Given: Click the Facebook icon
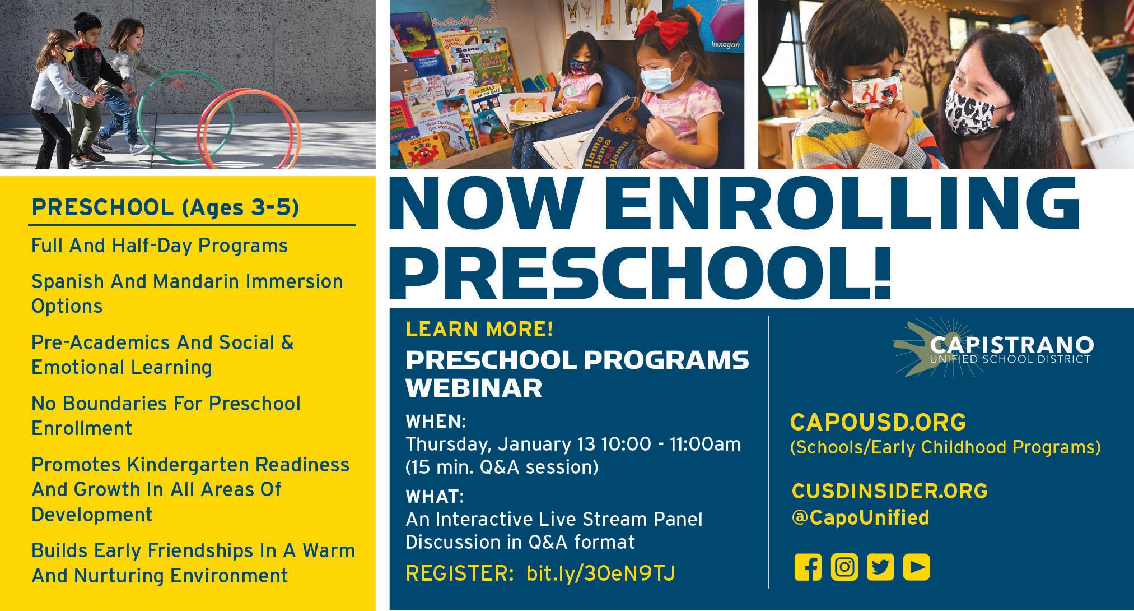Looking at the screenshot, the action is point(808,567).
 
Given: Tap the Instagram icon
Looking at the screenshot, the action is point(844,567).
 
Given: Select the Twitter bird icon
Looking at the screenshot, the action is point(880,567).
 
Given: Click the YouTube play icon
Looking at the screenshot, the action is point(917,567).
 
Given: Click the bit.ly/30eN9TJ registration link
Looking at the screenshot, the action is point(600,573).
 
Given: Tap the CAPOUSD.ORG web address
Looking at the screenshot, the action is point(878,422).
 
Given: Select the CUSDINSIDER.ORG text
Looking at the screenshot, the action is point(890,491).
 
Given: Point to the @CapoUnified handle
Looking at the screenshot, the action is point(861,517).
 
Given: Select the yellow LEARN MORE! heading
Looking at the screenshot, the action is point(479,330).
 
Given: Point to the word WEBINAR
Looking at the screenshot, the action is point(474,388).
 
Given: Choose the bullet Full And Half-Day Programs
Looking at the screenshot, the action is point(160,246).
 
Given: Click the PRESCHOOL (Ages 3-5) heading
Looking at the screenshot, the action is point(165,207).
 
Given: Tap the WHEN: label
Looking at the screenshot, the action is point(436,420).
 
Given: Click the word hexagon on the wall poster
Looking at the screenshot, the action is point(725,44).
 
